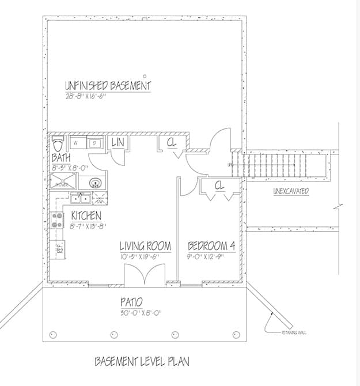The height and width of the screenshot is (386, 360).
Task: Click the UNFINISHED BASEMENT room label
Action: pyautogui.click(x=107, y=86)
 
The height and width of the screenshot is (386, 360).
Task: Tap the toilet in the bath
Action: pyautogui.click(x=58, y=142)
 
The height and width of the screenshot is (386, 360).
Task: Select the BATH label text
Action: pyautogui.click(x=62, y=157)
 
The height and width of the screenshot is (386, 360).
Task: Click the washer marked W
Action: pyautogui.click(x=77, y=142)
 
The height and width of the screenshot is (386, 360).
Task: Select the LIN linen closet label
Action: pyautogui.click(x=118, y=142)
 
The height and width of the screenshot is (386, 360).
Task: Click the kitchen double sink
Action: pyautogui.click(x=79, y=199)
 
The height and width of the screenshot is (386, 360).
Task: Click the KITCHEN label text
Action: pyautogui.click(x=87, y=215)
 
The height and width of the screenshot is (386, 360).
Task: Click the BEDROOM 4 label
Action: pyautogui.click(x=211, y=246)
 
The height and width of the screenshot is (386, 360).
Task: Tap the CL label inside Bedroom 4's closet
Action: pyautogui.click(x=219, y=186)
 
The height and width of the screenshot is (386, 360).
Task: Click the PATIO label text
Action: pyautogui.click(x=131, y=302)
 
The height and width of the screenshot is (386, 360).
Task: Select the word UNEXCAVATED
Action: pyautogui.click(x=290, y=191)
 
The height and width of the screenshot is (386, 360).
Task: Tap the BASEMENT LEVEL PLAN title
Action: pyautogui.click(x=142, y=362)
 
